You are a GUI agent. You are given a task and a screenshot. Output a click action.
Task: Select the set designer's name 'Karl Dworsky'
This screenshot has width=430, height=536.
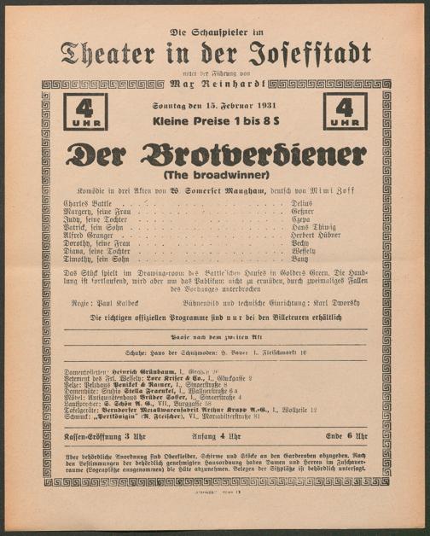coord(338,301)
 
